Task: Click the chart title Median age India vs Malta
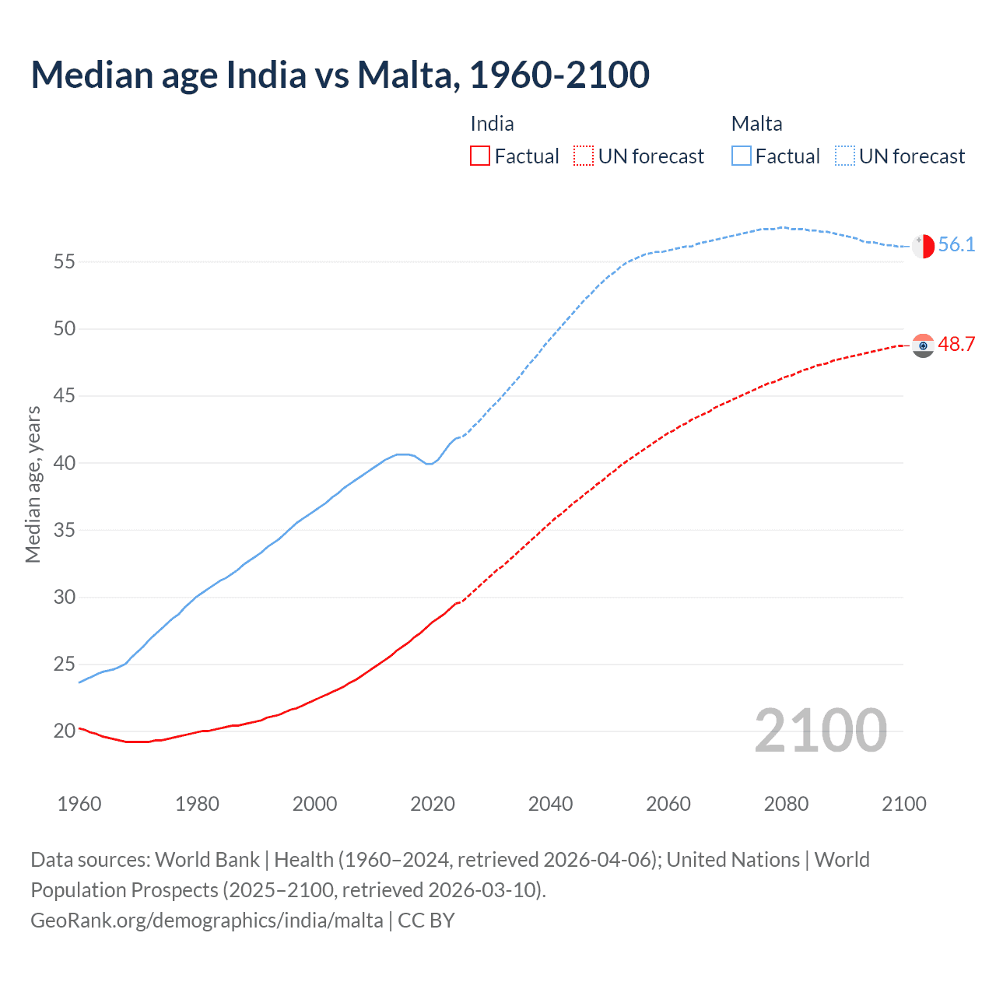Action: click(x=340, y=75)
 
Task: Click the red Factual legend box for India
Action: click(x=480, y=156)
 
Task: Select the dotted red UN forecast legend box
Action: click(x=584, y=156)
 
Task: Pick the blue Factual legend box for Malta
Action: click(x=742, y=156)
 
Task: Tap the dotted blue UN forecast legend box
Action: click(x=845, y=156)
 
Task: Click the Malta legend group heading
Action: click(x=756, y=124)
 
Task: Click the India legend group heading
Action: click(x=492, y=124)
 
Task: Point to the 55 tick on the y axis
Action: click(x=65, y=261)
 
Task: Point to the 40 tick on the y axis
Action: click(x=65, y=463)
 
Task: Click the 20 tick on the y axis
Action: click(x=65, y=731)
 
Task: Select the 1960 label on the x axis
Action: click(x=79, y=804)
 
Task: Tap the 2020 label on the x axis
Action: click(x=433, y=804)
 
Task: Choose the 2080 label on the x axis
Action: click(x=786, y=804)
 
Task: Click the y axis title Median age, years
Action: click(x=33, y=484)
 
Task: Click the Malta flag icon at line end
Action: click(x=923, y=246)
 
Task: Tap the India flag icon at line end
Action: click(x=923, y=345)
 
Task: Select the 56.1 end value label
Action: click(x=956, y=244)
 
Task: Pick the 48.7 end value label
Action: click(x=956, y=344)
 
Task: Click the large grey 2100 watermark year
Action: click(x=820, y=730)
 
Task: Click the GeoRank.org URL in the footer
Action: click(x=207, y=921)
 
